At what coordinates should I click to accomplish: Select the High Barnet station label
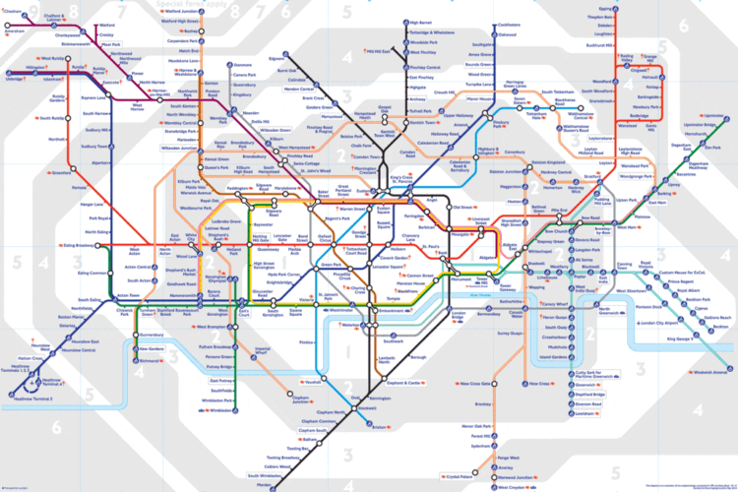click(420, 22)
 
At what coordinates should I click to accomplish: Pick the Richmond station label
click(151, 361)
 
